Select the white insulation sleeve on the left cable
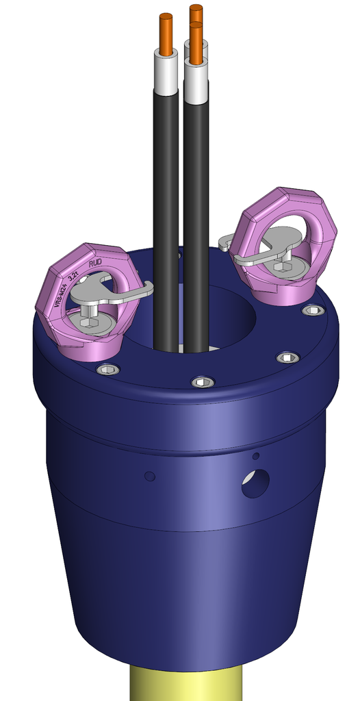tap(166, 75)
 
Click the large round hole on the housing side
tap(255, 483)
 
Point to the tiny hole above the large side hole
tap(256, 456)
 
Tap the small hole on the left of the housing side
tap(150, 476)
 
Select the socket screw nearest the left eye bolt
tap(107, 370)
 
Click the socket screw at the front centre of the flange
tap(203, 381)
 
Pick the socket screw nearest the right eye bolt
tap(313, 310)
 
